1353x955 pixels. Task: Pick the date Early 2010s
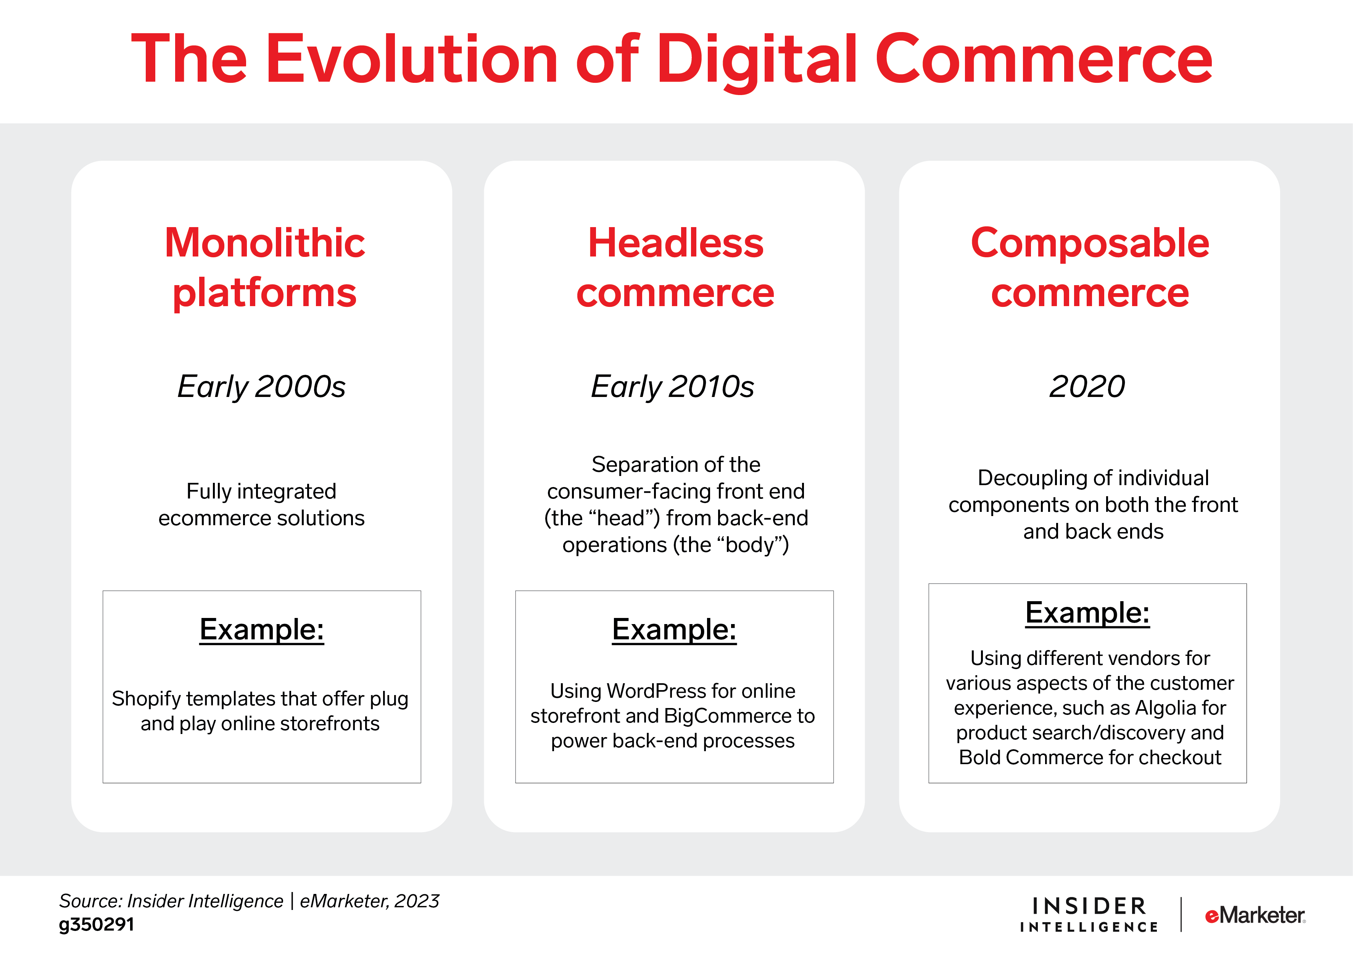tap(672, 387)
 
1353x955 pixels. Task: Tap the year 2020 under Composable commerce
tap(1087, 387)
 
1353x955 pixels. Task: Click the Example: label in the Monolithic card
tap(262, 629)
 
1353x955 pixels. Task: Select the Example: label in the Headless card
tap(674, 629)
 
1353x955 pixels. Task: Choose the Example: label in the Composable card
tap(1087, 613)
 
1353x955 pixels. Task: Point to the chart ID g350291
tap(97, 924)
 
